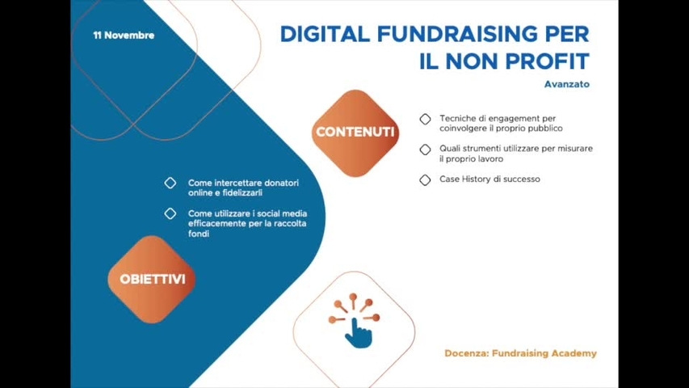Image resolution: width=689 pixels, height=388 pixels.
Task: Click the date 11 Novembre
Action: coord(124,36)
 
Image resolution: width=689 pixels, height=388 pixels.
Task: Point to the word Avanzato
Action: coord(566,84)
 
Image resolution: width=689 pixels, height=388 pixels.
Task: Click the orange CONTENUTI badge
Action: coord(355,133)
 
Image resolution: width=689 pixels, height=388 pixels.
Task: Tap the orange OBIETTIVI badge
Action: coord(153,280)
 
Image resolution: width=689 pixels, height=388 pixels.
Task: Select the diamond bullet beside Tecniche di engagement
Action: coord(425,119)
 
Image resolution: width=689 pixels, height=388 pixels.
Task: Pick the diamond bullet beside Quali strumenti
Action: coord(425,150)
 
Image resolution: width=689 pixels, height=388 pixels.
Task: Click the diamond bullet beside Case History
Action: coord(425,179)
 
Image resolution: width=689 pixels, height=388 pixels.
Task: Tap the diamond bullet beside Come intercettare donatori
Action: coord(170,183)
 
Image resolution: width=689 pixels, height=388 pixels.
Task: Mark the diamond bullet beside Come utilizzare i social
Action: coord(170,214)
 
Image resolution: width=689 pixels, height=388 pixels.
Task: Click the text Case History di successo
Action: coord(489,179)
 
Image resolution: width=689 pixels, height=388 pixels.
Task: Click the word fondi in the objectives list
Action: coord(199,234)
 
